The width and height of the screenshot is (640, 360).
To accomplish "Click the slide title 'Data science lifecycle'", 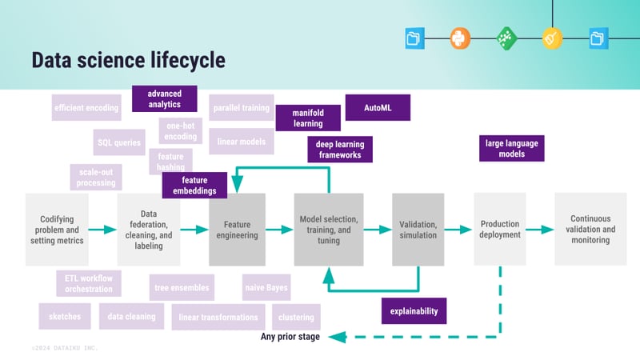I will tap(128, 60).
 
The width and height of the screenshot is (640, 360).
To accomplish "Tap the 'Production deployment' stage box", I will tap(500, 230).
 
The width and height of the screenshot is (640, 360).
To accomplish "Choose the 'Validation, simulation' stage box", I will tap(418, 230).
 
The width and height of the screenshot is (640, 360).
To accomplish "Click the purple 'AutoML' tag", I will tap(377, 108).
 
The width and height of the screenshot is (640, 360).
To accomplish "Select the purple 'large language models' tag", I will tap(511, 149).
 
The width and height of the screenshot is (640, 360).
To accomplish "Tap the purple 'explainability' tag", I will tap(414, 310).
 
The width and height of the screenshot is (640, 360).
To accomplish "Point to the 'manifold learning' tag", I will tap(308, 118).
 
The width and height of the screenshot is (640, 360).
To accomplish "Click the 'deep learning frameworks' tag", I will tap(340, 150).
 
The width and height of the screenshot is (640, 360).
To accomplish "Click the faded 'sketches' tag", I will tap(66, 317).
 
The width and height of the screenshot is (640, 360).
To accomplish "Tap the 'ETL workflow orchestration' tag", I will tap(89, 283).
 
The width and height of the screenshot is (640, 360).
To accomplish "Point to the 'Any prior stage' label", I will tap(290, 337).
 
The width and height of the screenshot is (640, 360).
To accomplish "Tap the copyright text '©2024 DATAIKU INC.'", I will tap(66, 349).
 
